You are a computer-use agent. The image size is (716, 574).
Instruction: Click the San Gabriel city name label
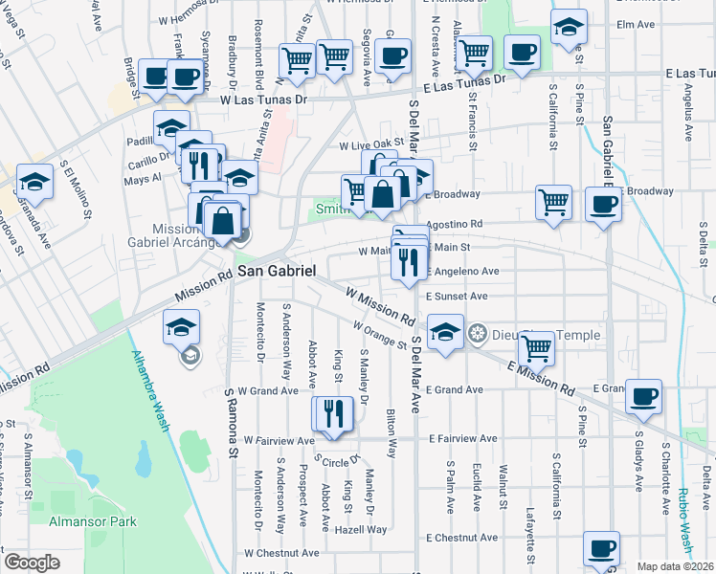point(277,271)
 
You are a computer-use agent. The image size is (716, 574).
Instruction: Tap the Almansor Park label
point(93,521)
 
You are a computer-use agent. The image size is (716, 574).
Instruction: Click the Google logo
point(32,563)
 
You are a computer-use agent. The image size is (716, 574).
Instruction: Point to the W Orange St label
point(378,335)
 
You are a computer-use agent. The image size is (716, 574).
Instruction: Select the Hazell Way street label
point(360,529)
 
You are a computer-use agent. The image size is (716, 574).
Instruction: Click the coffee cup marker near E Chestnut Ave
point(601,548)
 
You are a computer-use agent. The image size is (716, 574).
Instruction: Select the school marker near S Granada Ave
point(34,180)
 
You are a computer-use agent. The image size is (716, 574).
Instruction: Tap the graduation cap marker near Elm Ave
point(569,29)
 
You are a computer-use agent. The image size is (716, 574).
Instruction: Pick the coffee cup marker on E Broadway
point(603,203)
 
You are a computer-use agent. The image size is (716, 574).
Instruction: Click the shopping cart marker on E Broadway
point(553,202)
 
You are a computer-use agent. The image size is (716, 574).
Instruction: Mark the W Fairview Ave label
point(279,440)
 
